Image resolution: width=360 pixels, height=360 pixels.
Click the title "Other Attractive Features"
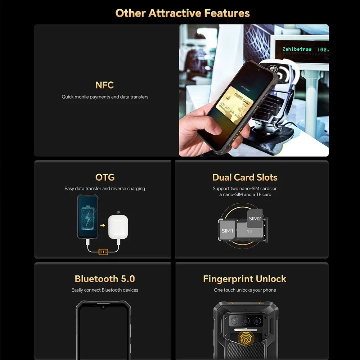[183, 13]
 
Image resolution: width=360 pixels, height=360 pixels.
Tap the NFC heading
[105, 85]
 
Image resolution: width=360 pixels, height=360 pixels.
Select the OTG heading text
[105, 177]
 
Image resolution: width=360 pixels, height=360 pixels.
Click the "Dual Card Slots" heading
[245, 177]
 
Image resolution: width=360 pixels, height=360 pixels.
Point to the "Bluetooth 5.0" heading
[105, 279]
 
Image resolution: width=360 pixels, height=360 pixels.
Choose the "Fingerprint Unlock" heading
[245, 279]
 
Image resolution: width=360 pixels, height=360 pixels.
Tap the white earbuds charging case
[118, 227]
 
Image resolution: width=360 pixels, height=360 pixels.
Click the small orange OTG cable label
[103, 252]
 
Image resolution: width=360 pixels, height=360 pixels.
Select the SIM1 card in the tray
[228, 231]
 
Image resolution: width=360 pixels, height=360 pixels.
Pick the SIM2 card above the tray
[255, 218]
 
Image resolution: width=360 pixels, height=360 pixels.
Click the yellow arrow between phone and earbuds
[103, 226]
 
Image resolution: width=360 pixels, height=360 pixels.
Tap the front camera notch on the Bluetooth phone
[103, 307]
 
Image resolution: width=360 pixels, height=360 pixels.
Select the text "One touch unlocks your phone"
[245, 290]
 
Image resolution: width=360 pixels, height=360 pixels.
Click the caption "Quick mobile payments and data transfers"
[105, 97]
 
